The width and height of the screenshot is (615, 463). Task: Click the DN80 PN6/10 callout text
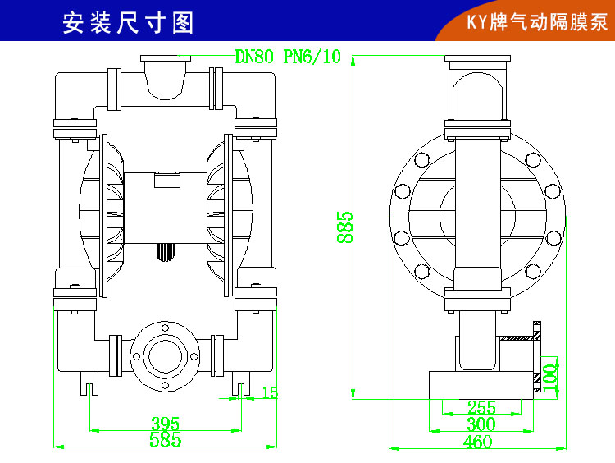point(288,57)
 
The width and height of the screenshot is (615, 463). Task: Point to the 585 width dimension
point(165,441)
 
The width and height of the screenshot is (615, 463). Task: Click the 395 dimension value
point(165,424)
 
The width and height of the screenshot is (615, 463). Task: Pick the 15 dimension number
point(270,392)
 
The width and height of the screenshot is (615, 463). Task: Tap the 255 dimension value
point(481,407)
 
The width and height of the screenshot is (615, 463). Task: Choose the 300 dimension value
point(481,424)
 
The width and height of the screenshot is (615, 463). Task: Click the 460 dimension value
point(477,442)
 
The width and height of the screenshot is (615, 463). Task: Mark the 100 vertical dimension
point(550,374)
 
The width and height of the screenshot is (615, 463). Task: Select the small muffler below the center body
point(165,251)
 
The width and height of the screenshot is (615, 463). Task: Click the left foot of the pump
point(89,383)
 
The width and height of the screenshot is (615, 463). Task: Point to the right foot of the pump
point(241,383)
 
